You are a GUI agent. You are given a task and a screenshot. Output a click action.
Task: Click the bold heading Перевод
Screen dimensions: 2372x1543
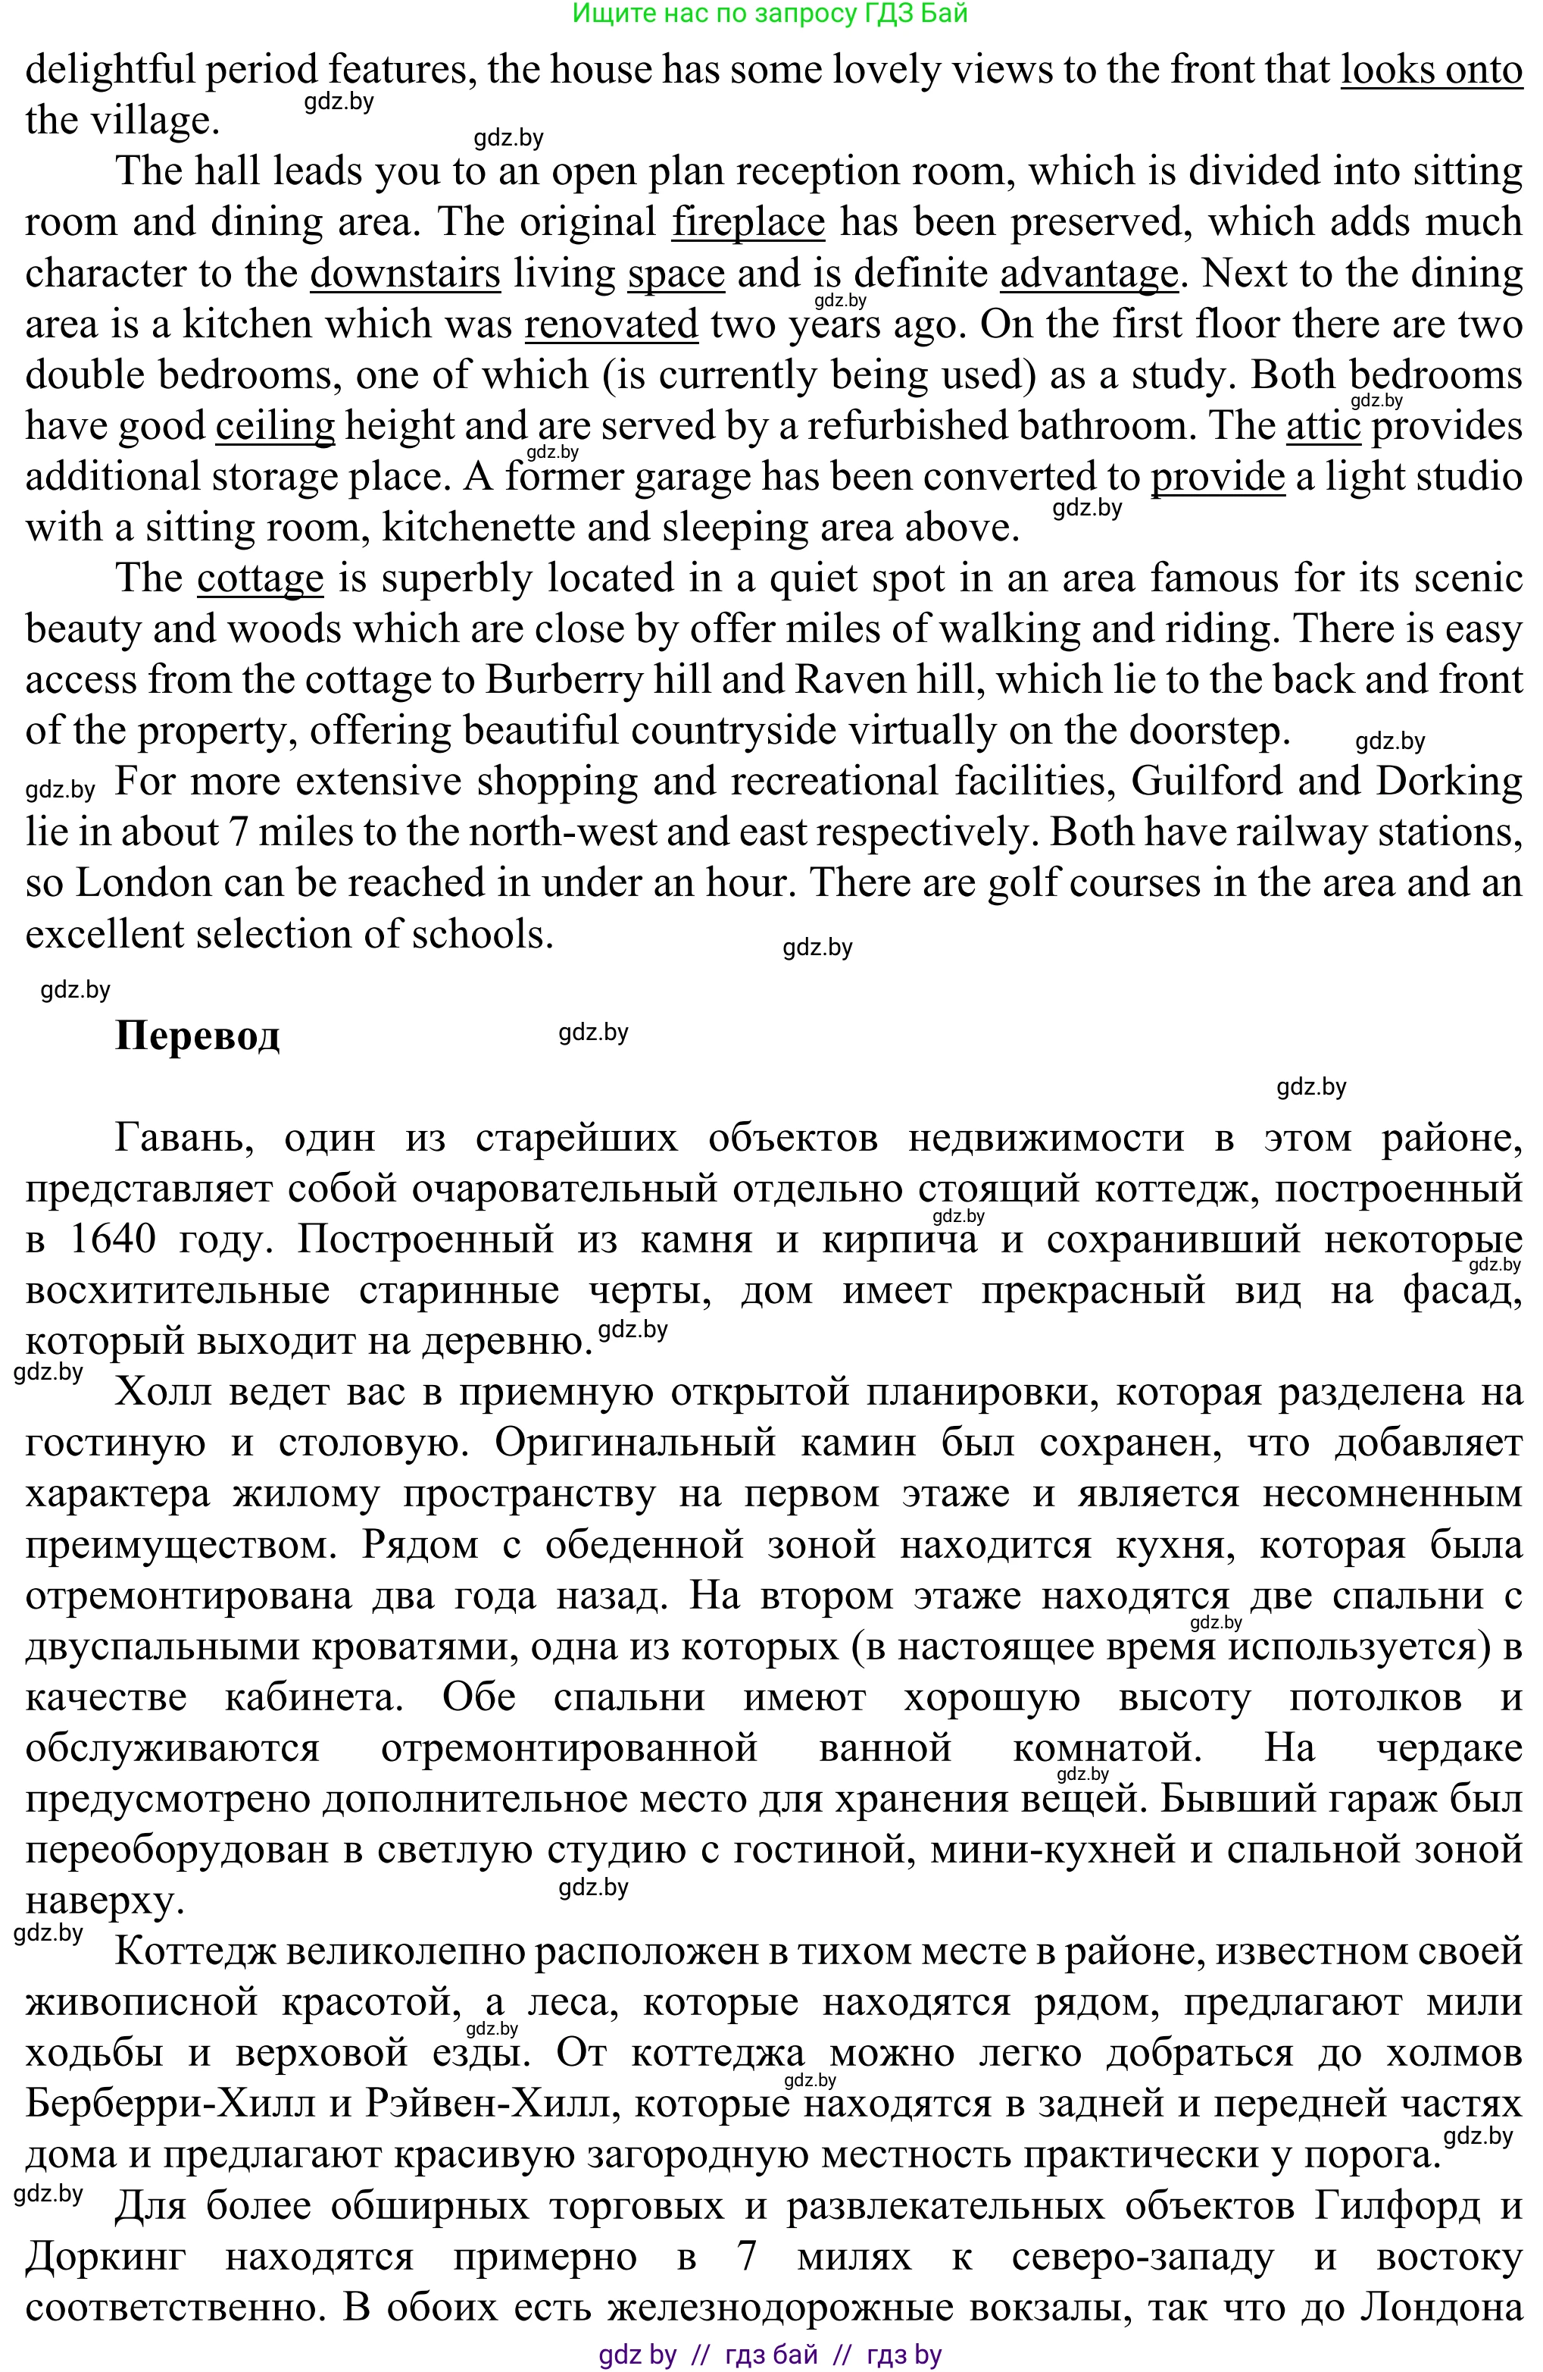(x=197, y=1036)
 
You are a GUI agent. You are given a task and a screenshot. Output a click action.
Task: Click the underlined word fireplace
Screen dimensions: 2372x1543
(x=748, y=222)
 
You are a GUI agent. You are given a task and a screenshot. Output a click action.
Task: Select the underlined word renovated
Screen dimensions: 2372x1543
(x=611, y=324)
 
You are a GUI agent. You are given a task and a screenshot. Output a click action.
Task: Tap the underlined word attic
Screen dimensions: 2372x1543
(x=1323, y=425)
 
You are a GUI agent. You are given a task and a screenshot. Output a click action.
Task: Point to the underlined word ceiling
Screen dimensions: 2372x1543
(x=275, y=425)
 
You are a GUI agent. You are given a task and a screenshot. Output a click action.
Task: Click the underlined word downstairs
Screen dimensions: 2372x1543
(x=404, y=273)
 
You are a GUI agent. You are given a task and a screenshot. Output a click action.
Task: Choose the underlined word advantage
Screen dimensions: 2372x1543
(x=1089, y=273)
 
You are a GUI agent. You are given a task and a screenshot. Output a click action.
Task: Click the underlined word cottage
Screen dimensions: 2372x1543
(x=260, y=578)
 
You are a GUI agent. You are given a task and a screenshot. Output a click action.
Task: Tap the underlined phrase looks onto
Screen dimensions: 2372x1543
(x=1430, y=70)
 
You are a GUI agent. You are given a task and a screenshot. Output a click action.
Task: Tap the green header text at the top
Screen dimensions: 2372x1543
(x=770, y=13)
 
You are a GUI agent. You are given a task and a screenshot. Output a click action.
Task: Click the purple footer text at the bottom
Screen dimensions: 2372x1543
(x=770, y=2354)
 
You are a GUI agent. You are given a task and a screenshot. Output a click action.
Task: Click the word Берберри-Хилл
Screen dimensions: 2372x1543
(x=167, y=2103)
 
